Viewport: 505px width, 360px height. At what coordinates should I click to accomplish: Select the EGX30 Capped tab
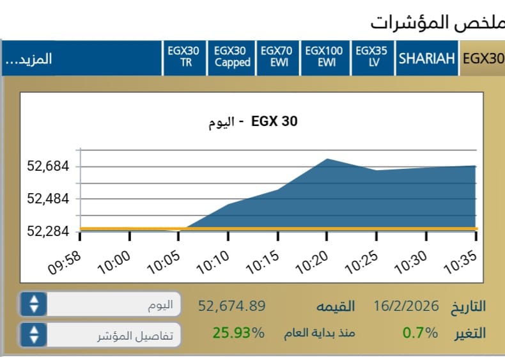tap(232, 57)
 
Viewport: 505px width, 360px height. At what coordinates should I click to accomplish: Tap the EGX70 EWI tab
tap(277, 57)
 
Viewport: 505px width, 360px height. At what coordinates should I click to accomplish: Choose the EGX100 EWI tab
tap(323, 57)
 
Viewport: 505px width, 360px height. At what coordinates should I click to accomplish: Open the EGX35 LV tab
tap(371, 57)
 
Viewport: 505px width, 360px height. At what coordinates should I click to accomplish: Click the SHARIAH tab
tap(426, 58)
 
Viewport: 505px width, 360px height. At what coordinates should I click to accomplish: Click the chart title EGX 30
tap(274, 121)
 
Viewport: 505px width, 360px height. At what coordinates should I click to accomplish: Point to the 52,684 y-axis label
tap(47, 167)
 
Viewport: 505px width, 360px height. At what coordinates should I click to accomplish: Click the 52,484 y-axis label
tap(47, 199)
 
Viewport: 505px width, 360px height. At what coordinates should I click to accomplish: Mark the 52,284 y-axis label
tap(47, 231)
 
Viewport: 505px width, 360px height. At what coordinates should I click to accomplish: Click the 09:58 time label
tap(65, 262)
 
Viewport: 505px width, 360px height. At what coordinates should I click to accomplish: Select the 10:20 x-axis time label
tap(311, 263)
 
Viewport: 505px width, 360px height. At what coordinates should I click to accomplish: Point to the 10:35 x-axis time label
tap(460, 263)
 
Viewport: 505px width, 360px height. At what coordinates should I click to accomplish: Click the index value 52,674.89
tap(231, 306)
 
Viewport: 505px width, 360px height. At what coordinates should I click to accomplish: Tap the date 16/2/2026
tap(407, 306)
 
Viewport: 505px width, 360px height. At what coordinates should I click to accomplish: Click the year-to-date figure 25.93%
tap(238, 333)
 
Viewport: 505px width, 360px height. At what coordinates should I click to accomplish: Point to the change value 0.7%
tap(420, 333)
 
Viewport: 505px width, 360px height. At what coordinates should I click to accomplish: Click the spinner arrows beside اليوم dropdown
tap(34, 304)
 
